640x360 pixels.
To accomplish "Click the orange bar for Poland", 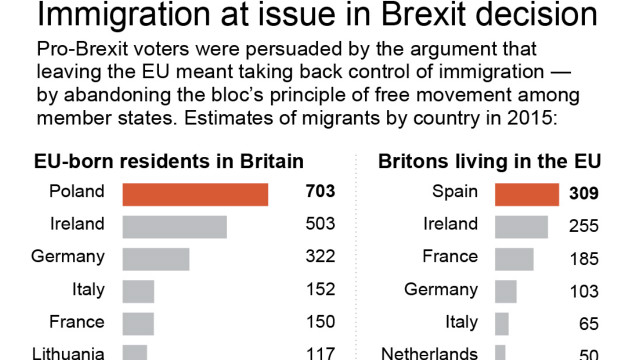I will click(195, 194).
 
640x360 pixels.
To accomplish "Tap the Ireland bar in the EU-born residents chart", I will click(174, 226).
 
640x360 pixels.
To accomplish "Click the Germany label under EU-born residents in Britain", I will click(68, 257).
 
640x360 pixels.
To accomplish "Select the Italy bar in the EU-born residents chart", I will click(138, 291).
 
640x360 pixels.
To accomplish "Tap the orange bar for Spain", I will click(527, 194).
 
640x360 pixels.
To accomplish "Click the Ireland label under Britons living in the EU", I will click(450, 225).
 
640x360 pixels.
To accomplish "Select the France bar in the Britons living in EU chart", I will click(514, 259).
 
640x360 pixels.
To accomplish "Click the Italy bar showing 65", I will click(502, 324).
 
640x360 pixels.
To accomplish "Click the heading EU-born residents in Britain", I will click(169, 162).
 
